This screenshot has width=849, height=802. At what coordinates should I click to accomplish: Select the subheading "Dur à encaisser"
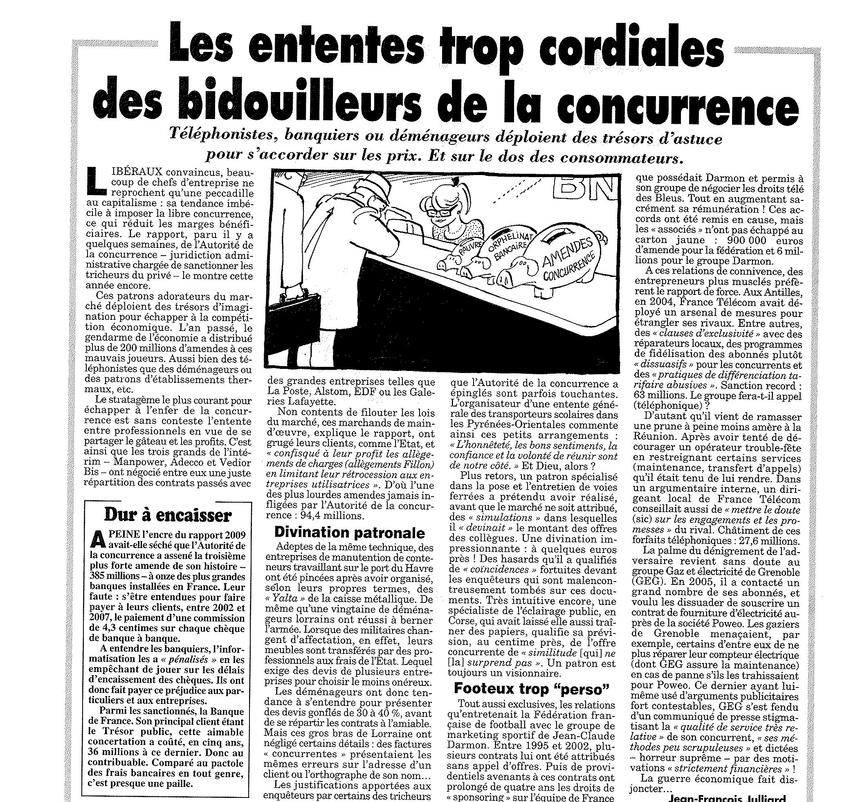168,515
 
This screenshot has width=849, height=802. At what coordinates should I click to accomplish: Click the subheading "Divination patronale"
349,532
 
